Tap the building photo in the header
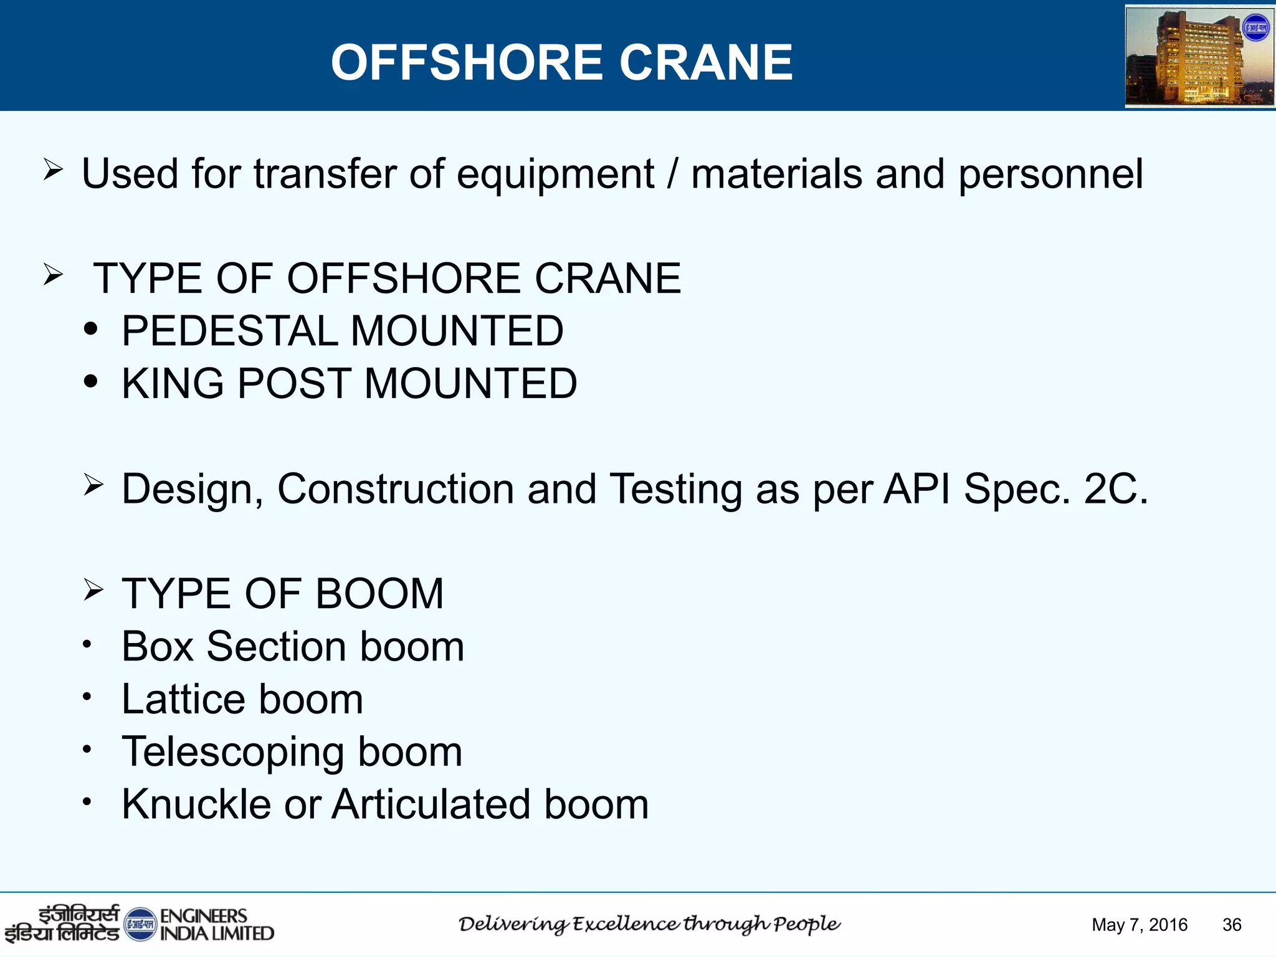click(1199, 57)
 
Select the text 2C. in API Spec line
click(1116, 488)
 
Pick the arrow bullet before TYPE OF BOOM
click(93, 589)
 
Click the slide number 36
click(1232, 925)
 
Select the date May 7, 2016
click(1140, 925)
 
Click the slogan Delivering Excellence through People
click(649, 924)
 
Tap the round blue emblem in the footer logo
click(140, 925)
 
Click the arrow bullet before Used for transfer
click(53, 169)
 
